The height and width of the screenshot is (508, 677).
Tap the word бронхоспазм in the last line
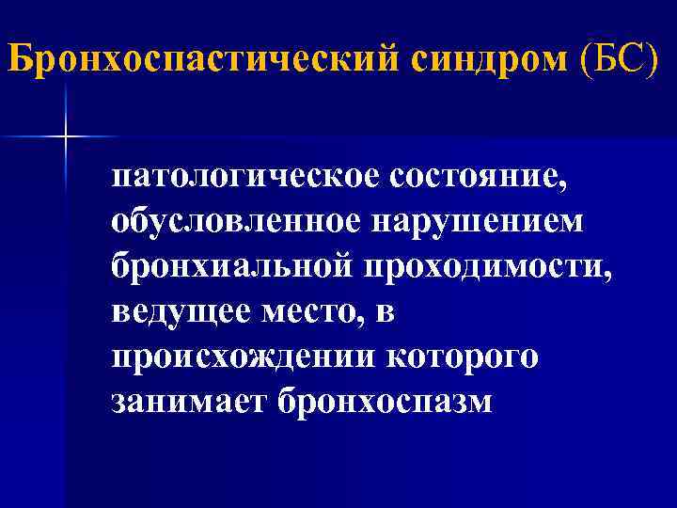tap(384, 402)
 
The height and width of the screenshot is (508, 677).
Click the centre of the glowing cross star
tap(66, 137)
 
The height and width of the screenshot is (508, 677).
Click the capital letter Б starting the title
tap(19, 59)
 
